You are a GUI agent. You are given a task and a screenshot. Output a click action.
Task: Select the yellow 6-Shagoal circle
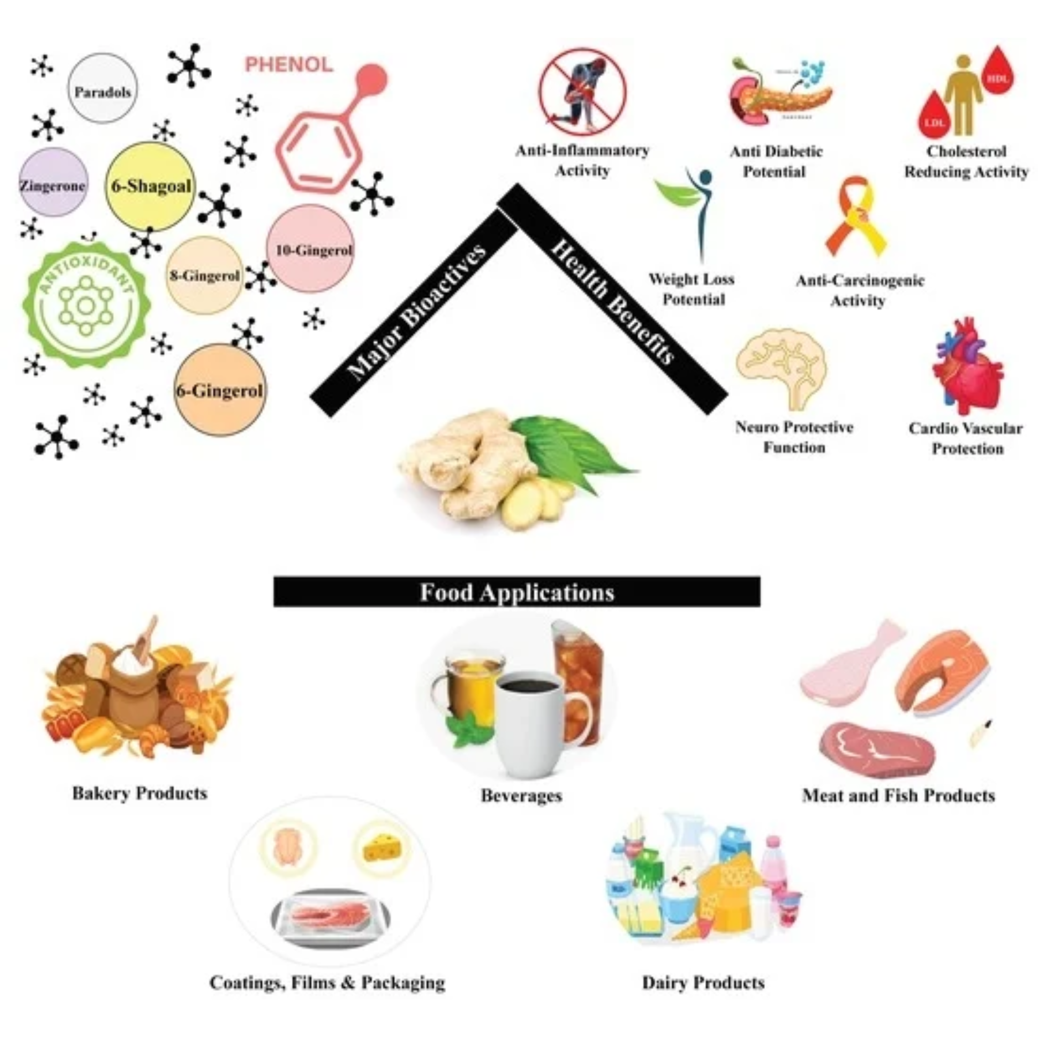[x=151, y=186]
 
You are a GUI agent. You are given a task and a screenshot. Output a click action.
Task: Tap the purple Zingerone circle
[x=53, y=183]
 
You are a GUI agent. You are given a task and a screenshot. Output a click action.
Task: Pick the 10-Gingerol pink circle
[x=311, y=250]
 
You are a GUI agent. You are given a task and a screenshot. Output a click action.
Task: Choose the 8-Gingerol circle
[x=205, y=275]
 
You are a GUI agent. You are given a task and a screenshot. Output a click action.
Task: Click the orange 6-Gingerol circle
[x=220, y=390]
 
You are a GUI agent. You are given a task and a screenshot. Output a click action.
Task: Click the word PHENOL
[x=289, y=65]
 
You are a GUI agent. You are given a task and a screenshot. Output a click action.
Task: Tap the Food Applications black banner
[x=517, y=592]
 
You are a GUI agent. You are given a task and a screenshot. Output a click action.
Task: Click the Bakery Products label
[x=140, y=793]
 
